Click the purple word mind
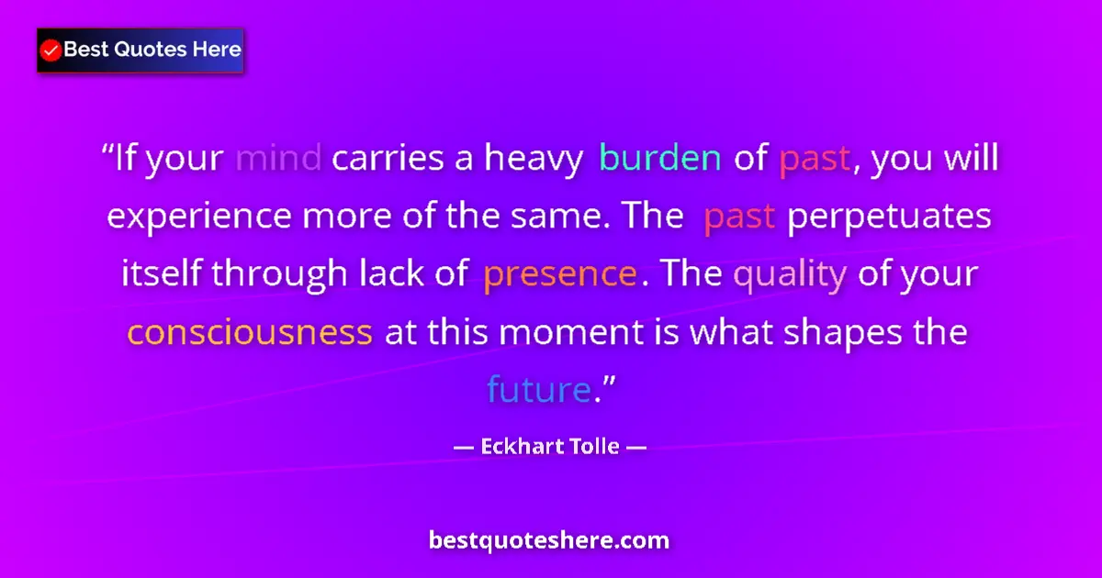click(278, 160)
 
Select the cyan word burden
click(659, 160)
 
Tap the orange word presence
click(559, 274)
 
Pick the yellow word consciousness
click(250, 332)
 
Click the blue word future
click(537, 390)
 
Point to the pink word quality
click(790, 274)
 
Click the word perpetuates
click(890, 217)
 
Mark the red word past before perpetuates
click(740, 217)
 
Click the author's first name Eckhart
click(520, 450)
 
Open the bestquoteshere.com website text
click(549, 539)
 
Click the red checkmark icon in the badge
click(51, 50)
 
